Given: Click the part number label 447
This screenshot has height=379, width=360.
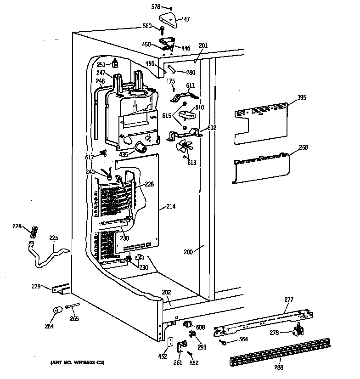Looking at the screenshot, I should (x=186, y=19).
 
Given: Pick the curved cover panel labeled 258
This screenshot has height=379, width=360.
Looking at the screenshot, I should (x=262, y=168).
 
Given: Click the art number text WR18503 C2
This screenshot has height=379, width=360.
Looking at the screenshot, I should (x=78, y=363).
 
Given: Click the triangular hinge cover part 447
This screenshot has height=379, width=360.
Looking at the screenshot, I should (x=168, y=19).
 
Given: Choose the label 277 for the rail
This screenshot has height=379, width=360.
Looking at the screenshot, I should (x=289, y=299).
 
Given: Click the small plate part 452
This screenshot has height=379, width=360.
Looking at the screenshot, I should (x=171, y=344).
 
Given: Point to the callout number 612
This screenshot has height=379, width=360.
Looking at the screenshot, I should (x=211, y=127).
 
